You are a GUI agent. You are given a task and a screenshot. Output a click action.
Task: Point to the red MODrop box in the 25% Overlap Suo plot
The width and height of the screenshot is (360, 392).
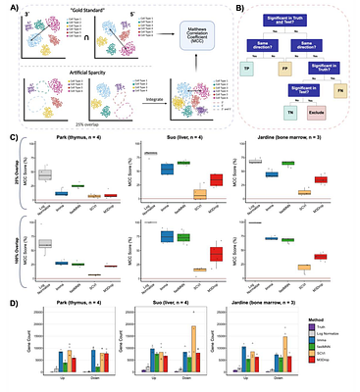216,179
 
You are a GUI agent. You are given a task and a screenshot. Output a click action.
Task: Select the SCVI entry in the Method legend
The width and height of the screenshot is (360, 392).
332,354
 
